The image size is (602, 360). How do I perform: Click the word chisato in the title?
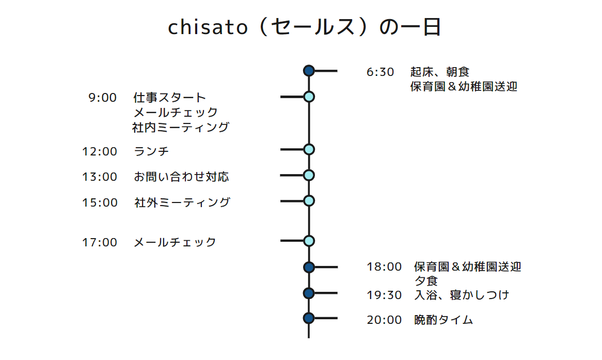pyautogui.click(x=208, y=27)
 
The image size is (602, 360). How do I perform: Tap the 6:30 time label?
pyautogui.click(x=380, y=72)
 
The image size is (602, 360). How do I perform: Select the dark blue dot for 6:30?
pyautogui.click(x=309, y=71)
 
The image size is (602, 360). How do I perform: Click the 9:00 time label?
pyautogui.click(x=103, y=98)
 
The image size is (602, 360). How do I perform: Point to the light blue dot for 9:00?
pyautogui.click(x=309, y=97)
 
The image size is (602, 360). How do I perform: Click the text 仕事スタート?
pyautogui.click(x=170, y=98)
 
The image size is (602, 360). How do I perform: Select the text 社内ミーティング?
pyautogui.click(x=181, y=127)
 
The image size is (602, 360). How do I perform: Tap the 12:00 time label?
pyautogui.click(x=100, y=151)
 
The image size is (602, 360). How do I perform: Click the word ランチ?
pyautogui.click(x=151, y=151)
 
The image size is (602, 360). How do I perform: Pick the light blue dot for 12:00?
pyautogui.click(x=309, y=149)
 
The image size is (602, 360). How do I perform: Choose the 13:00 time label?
pyautogui.click(x=100, y=177)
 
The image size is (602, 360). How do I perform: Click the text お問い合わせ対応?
pyautogui.click(x=181, y=177)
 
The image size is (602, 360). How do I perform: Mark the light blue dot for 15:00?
pyautogui.click(x=309, y=201)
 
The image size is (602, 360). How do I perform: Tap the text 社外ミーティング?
pyautogui.click(x=182, y=202)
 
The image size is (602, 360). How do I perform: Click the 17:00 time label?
pyautogui.click(x=100, y=242)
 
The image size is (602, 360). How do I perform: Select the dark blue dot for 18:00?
pyautogui.click(x=309, y=267)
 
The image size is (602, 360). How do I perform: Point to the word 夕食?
pyautogui.click(x=426, y=281)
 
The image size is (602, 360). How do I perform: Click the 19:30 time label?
pyautogui.click(x=384, y=295)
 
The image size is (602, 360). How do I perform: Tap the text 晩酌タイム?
pyautogui.click(x=443, y=320)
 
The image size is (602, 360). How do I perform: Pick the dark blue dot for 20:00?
pyautogui.click(x=309, y=318)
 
